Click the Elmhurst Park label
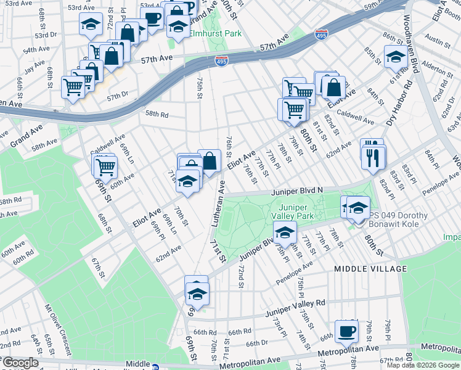[215, 33]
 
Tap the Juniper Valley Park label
[296, 212]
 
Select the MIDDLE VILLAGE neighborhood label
[370, 269]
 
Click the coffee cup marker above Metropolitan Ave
[346, 331]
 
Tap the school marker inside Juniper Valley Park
[285, 232]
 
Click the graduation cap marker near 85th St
[395, 57]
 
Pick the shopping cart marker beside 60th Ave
[105, 166]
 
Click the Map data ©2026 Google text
[422, 365]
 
